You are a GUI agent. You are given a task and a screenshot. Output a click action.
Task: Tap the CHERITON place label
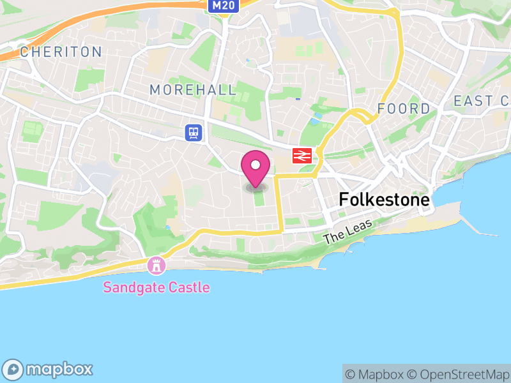(61, 52)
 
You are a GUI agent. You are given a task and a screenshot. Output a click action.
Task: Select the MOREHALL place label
(193, 90)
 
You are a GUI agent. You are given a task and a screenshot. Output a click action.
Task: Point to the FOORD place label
(404, 109)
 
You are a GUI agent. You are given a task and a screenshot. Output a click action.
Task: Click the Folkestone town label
(385, 199)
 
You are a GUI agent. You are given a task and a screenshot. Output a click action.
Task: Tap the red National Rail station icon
(301, 155)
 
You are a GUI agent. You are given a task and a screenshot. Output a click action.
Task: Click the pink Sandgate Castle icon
(156, 264)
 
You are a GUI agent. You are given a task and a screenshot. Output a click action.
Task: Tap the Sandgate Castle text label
(156, 287)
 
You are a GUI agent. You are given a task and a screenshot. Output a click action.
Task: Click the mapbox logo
(49, 369)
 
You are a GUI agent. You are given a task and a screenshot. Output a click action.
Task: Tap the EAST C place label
(481, 101)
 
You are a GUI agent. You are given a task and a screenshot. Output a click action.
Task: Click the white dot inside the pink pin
(256, 165)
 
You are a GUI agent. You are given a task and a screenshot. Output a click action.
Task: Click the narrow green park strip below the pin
(259, 200)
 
